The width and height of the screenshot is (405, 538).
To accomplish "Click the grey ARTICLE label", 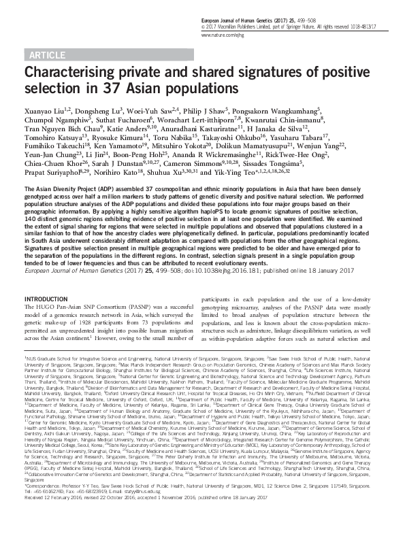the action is [48, 54].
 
